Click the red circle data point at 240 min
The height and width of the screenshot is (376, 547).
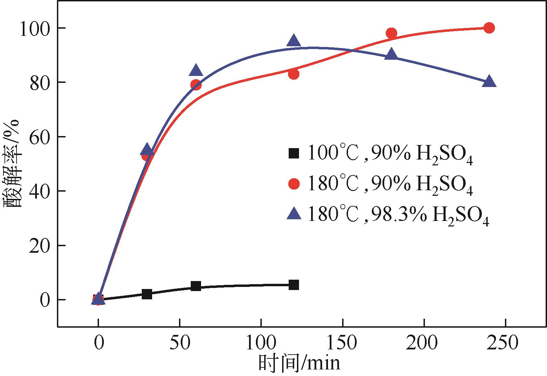[x=489, y=28]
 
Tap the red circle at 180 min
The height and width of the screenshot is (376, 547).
[x=391, y=33]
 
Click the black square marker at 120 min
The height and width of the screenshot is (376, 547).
[x=294, y=285]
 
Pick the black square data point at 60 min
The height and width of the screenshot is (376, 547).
[x=196, y=286]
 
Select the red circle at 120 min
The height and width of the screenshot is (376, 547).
[x=294, y=74]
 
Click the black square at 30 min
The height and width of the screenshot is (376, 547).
[x=147, y=294]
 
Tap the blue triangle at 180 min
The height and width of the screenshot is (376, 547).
[x=391, y=54]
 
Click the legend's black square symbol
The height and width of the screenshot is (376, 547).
[x=294, y=153]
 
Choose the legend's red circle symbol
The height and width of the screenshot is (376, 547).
[x=294, y=183]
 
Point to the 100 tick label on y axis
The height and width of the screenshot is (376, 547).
[x=34, y=29]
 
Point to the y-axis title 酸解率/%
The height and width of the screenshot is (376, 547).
[x=13, y=164]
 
